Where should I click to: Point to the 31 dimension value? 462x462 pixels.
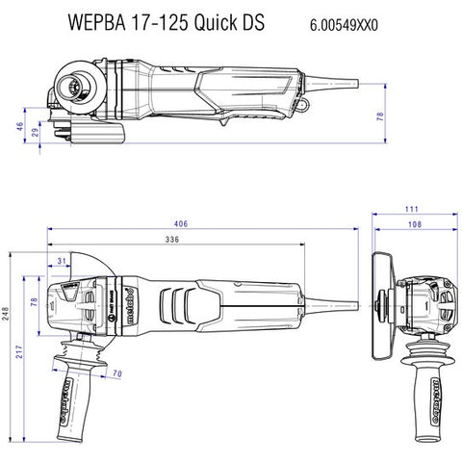pos(62,261)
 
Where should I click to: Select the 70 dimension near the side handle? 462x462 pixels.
pos(115,372)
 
